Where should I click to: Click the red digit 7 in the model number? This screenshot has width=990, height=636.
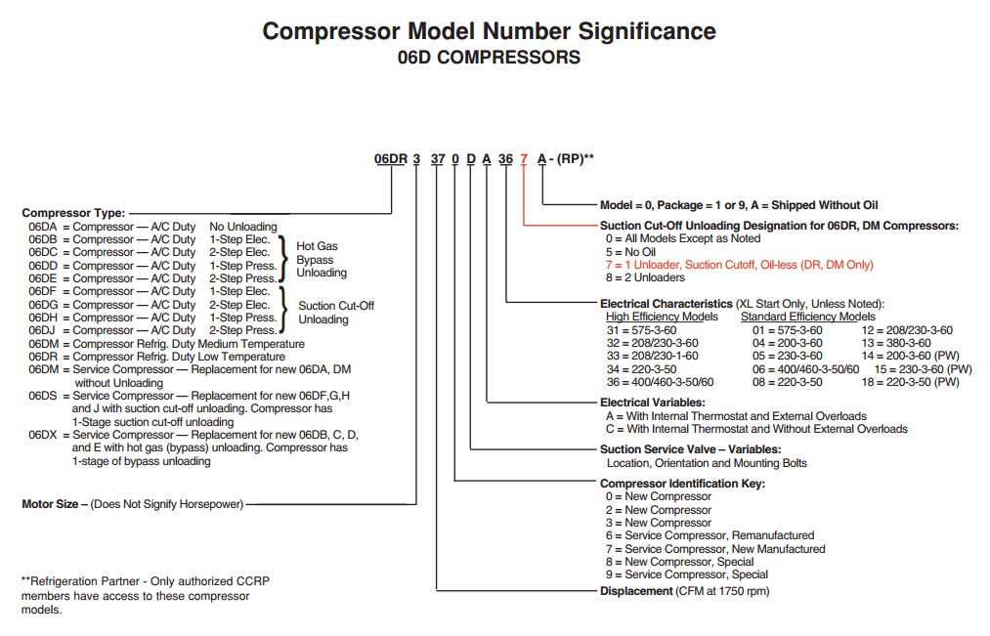[524, 159]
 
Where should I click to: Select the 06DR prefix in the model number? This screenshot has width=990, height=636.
[391, 159]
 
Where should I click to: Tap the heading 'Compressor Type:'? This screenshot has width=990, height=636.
[74, 213]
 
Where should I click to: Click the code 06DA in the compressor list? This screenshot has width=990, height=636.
[43, 227]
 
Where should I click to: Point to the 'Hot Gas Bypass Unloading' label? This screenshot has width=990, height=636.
[322, 259]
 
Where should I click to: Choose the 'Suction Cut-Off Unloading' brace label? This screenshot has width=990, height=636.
[336, 313]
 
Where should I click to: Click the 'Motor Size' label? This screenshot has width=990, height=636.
[51, 504]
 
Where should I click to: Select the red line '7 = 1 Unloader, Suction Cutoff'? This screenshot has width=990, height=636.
[740, 265]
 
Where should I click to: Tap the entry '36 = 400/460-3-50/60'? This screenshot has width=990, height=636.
[660, 382]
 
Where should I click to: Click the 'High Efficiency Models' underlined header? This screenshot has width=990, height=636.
[662, 317]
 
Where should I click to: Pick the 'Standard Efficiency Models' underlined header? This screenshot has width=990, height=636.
[808, 317]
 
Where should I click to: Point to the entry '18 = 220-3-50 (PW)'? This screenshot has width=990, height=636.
[911, 382]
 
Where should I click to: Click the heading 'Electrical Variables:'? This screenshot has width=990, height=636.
[652, 403]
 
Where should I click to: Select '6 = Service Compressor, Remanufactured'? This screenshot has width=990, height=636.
[710, 535]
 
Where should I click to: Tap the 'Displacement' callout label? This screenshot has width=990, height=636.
[636, 591]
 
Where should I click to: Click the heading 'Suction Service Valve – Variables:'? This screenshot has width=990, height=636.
[690, 449]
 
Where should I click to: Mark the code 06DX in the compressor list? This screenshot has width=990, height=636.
[43, 435]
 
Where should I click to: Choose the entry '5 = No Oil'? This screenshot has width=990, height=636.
[630, 252]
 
